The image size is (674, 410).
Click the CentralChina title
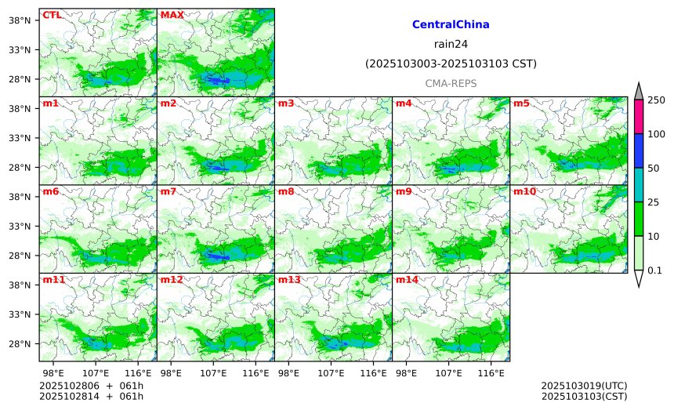[451, 25]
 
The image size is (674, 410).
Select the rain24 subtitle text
[451, 44]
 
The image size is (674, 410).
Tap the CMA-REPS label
[451, 83]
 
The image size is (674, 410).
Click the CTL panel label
[52, 15]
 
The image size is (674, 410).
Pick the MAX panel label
[172, 15]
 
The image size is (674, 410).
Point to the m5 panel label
[520, 103]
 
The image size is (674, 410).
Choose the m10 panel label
[524, 191]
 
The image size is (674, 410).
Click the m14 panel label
[407, 280]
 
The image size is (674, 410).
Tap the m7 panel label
[168, 191]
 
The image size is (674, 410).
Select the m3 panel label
[286, 103]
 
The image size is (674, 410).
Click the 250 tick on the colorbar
[656, 99]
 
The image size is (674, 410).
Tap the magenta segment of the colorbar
[638, 116]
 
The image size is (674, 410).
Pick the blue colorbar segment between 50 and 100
[638, 151]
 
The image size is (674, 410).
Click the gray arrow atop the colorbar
[638, 91]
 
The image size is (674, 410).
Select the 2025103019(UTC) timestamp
[584, 386]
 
